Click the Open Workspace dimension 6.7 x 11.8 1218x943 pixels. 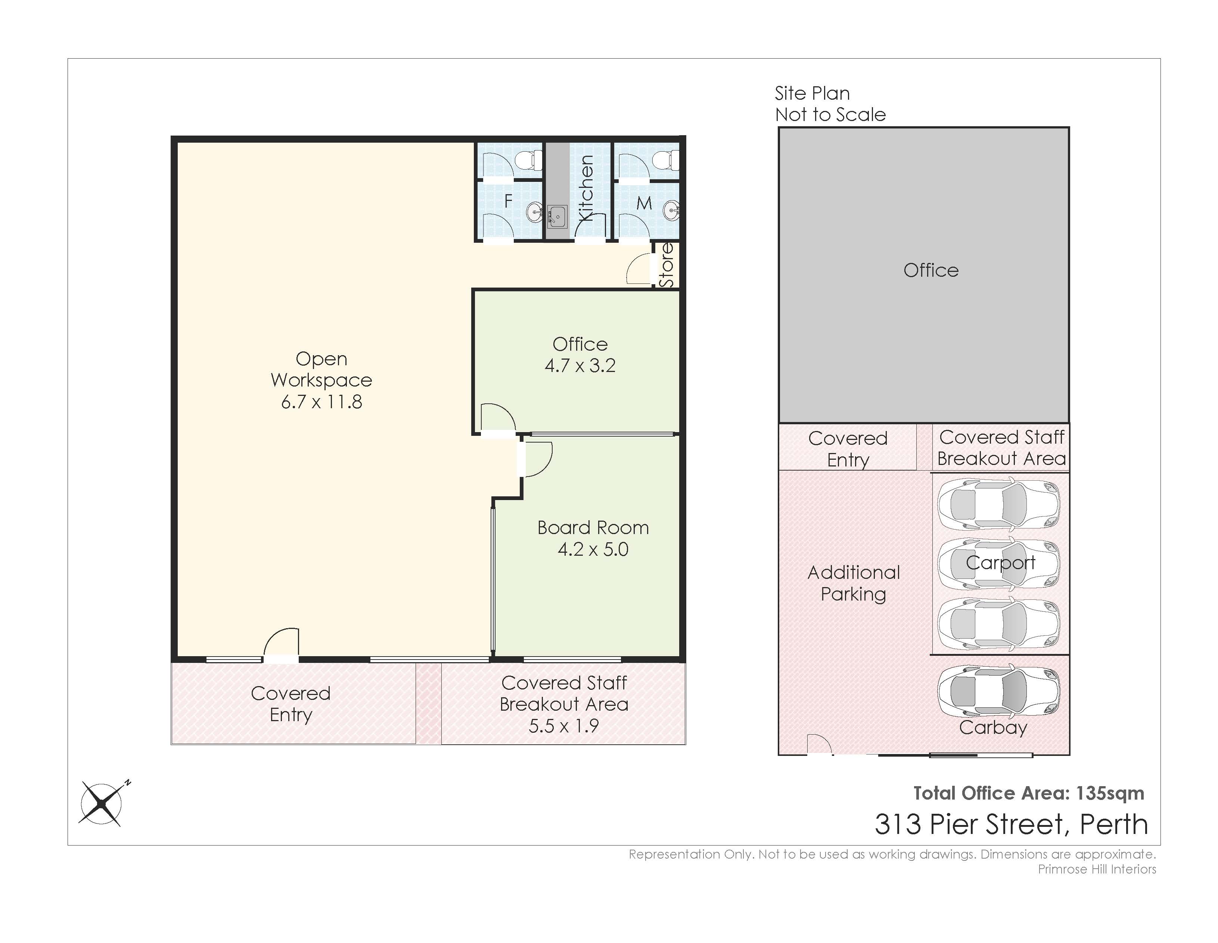[x=321, y=401]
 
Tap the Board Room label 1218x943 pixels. [x=593, y=528]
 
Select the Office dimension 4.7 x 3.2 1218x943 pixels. [x=580, y=365]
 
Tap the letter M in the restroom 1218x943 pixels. [x=644, y=203]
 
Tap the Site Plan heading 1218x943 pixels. [x=812, y=93]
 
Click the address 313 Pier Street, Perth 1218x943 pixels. [x=1011, y=824]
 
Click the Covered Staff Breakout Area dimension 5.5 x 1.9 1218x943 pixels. [x=564, y=726]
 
